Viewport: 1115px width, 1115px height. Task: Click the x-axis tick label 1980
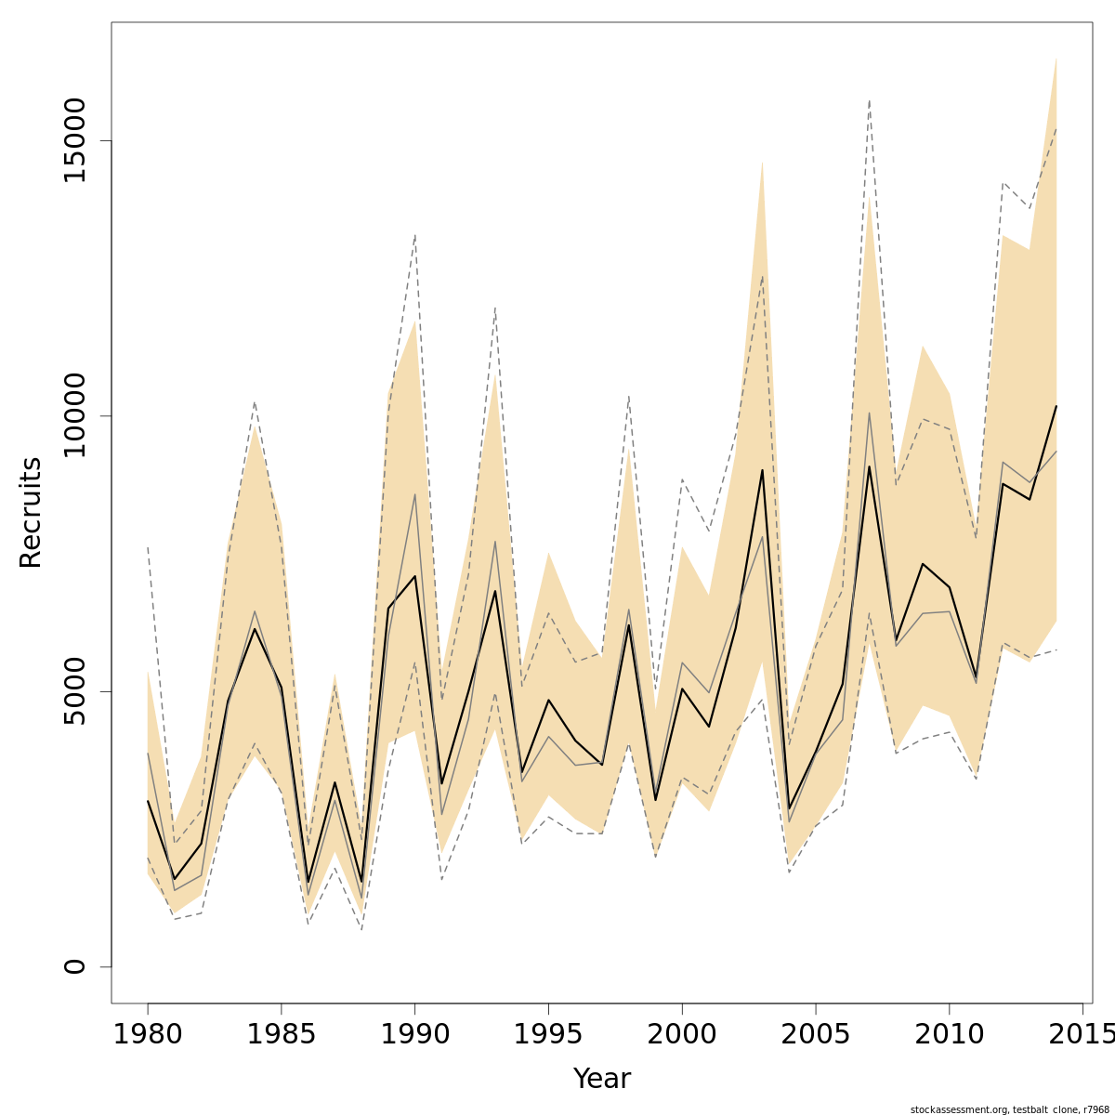point(148,1034)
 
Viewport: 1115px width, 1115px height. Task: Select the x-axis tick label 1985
point(282,1034)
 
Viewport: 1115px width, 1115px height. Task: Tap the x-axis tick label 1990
point(414,1034)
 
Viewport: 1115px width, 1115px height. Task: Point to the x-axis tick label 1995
point(548,1034)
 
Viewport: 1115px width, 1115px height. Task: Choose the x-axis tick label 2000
point(682,1034)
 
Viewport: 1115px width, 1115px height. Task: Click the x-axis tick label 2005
point(816,1034)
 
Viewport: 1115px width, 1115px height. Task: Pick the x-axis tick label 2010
point(949,1034)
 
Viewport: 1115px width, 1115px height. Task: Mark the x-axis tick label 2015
point(1081,1034)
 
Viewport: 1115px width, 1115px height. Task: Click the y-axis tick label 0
point(74,966)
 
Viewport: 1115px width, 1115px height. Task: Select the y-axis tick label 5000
point(74,691)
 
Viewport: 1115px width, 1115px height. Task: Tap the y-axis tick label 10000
point(74,416)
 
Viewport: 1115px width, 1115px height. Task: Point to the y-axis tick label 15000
point(74,141)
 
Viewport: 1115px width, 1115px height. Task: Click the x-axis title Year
point(601,1079)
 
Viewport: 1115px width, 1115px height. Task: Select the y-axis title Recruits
point(31,512)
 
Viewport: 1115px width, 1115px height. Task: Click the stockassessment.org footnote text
point(1009,1108)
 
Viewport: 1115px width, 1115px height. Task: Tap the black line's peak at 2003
point(762,470)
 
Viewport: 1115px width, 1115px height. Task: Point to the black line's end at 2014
point(1056,406)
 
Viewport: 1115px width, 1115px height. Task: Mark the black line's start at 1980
point(148,801)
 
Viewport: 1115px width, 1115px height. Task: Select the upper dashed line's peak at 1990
point(414,234)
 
